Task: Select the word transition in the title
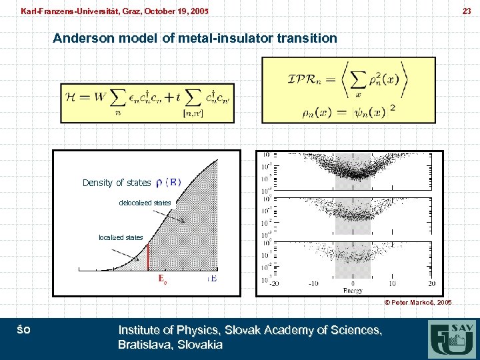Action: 310,38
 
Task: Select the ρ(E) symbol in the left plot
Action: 168,182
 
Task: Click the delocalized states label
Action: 145,203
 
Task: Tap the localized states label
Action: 121,237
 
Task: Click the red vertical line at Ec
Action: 147,257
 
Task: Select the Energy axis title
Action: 353,290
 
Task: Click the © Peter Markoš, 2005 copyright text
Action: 417,302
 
